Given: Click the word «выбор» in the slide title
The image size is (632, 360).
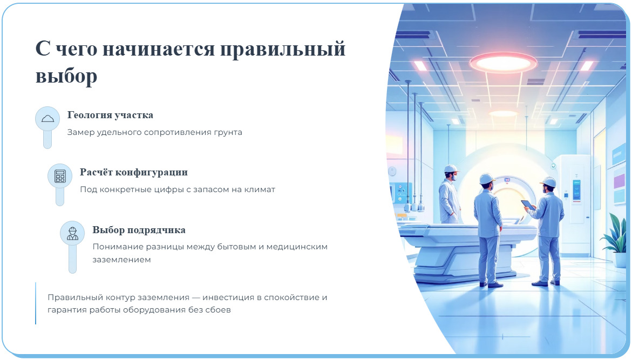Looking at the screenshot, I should point(66,76).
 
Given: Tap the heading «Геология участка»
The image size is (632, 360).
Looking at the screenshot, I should point(110,116).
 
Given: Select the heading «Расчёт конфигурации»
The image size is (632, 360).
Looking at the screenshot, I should point(134,173).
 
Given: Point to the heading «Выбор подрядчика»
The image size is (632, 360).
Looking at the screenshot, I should point(139,230).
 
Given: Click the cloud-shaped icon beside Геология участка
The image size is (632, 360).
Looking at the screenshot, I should point(47,118).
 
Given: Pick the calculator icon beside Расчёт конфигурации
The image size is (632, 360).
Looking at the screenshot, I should point(60,176).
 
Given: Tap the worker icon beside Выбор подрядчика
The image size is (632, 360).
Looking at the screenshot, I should point(72,233).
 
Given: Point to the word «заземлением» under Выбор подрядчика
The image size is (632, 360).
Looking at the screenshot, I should point(121,260).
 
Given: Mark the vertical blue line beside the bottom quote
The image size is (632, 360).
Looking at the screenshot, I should point(36,303).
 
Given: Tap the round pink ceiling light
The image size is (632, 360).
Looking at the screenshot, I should point(503,62).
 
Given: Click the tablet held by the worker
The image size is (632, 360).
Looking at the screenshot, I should point(528,205).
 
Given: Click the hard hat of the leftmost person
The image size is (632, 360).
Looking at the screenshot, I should point(451,168).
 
